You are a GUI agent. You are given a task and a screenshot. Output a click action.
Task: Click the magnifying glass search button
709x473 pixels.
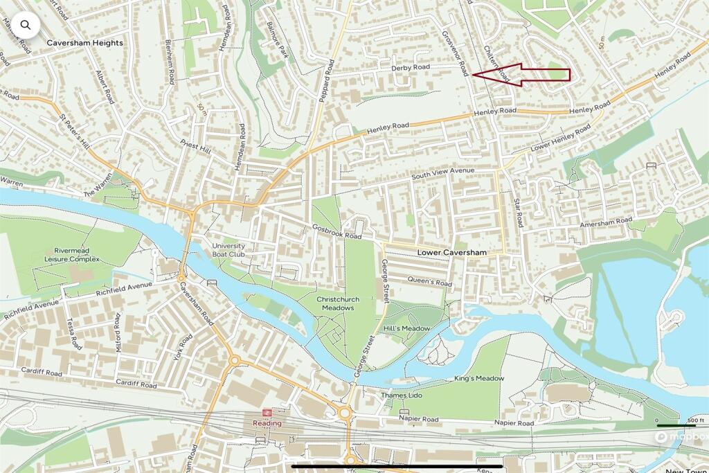click(26, 26)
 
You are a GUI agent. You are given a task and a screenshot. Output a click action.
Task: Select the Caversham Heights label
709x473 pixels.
click(84, 43)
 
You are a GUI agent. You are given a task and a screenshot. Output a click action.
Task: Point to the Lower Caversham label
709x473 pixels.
click(452, 253)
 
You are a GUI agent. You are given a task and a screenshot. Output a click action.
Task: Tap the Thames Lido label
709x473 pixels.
click(401, 395)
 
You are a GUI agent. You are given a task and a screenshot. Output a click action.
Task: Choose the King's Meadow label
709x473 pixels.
click(479, 378)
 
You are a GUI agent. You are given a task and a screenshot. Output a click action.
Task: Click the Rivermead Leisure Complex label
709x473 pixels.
click(76, 255)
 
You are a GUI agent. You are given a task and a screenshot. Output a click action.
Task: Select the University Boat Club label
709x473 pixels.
click(228, 250)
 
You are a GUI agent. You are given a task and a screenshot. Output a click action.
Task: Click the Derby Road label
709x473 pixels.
click(410, 68)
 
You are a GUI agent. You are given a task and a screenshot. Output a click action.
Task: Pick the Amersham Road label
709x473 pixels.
click(607, 222)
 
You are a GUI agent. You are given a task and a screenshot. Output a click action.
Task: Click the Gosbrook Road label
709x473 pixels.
click(337, 232)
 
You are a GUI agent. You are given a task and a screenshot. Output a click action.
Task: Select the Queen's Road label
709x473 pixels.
click(429, 282)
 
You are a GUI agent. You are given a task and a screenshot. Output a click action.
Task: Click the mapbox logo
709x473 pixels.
click(680, 437)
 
